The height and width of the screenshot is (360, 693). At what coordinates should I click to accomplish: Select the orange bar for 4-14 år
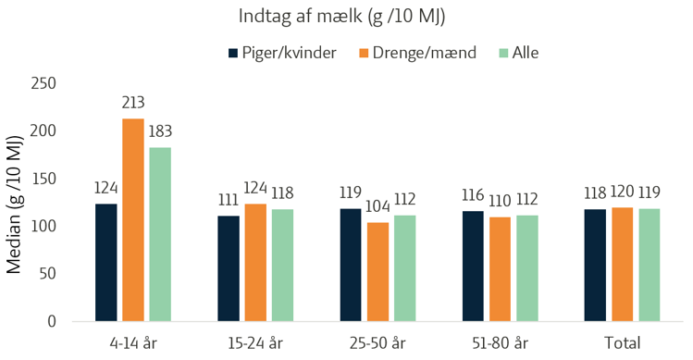point(133,220)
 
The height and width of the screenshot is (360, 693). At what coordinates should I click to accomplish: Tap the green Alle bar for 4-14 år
point(160,234)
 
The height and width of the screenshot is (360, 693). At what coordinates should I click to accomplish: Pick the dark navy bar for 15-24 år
point(229,268)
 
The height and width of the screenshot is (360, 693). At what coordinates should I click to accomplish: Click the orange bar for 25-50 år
point(377,271)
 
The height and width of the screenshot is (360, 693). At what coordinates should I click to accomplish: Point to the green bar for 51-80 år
point(527,268)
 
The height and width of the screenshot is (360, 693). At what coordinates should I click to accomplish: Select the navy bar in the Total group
point(595,266)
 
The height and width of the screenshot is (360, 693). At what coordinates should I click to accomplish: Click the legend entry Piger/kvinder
point(282,53)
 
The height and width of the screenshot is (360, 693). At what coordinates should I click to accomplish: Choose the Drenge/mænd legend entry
point(417,53)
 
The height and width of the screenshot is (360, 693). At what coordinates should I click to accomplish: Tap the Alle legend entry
point(519,53)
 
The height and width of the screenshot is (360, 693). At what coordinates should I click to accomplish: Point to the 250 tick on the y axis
point(43,83)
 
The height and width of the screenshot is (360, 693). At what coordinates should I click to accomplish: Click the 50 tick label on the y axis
point(48,273)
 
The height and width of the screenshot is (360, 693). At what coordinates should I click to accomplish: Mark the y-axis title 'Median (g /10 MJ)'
point(14,204)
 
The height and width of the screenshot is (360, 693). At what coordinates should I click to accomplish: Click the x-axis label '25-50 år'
point(377,343)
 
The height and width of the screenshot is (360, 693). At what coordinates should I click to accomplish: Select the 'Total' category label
point(623,343)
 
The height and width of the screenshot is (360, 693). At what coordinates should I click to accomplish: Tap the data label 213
point(133,103)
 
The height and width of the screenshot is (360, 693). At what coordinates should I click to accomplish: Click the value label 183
point(160,131)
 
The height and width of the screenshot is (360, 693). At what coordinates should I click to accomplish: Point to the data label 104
point(377,206)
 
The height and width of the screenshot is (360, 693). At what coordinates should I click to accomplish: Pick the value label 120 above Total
point(622,192)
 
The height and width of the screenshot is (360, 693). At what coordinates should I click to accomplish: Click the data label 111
point(229,200)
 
